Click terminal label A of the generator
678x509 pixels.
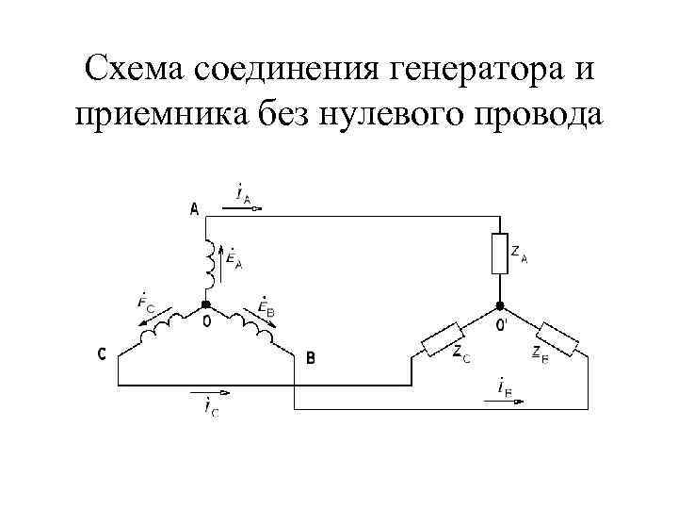tap(195, 209)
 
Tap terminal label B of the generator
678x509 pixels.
tap(311, 357)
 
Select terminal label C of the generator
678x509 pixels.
tap(101, 354)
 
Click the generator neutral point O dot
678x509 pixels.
tap(206, 307)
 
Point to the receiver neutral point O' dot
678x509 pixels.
tap(500, 307)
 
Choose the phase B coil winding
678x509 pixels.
tap(247, 325)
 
